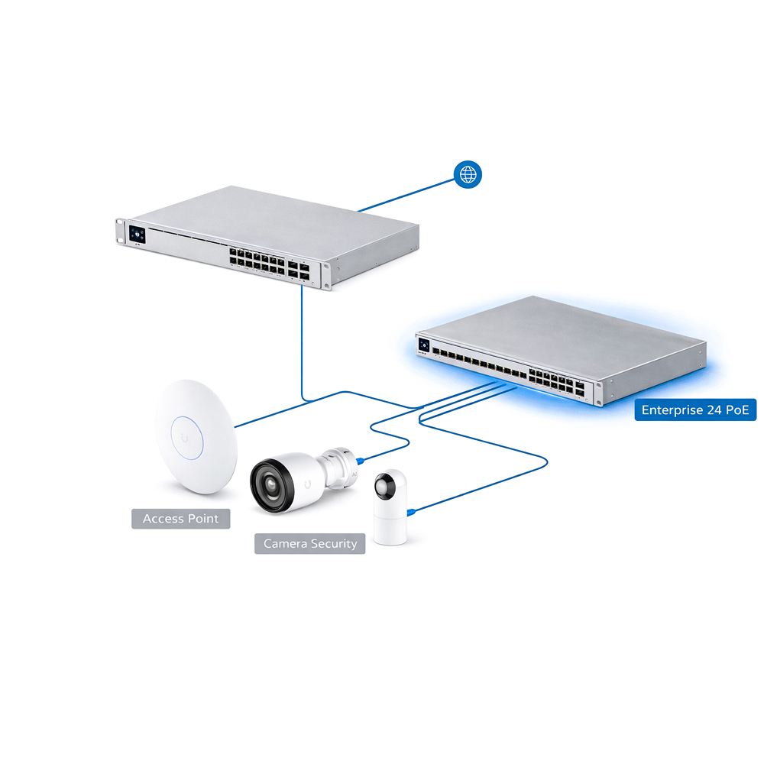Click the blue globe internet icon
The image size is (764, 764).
pyautogui.click(x=468, y=175)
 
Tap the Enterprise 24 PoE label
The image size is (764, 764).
pyautogui.click(x=695, y=410)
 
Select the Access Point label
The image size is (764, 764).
pyautogui.click(x=180, y=519)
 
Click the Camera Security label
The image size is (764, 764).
pyautogui.click(x=310, y=544)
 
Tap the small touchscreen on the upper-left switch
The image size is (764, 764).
pyautogui.click(x=138, y=235)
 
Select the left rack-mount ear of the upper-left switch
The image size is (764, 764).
pyautogui.click(x=121, y=231)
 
